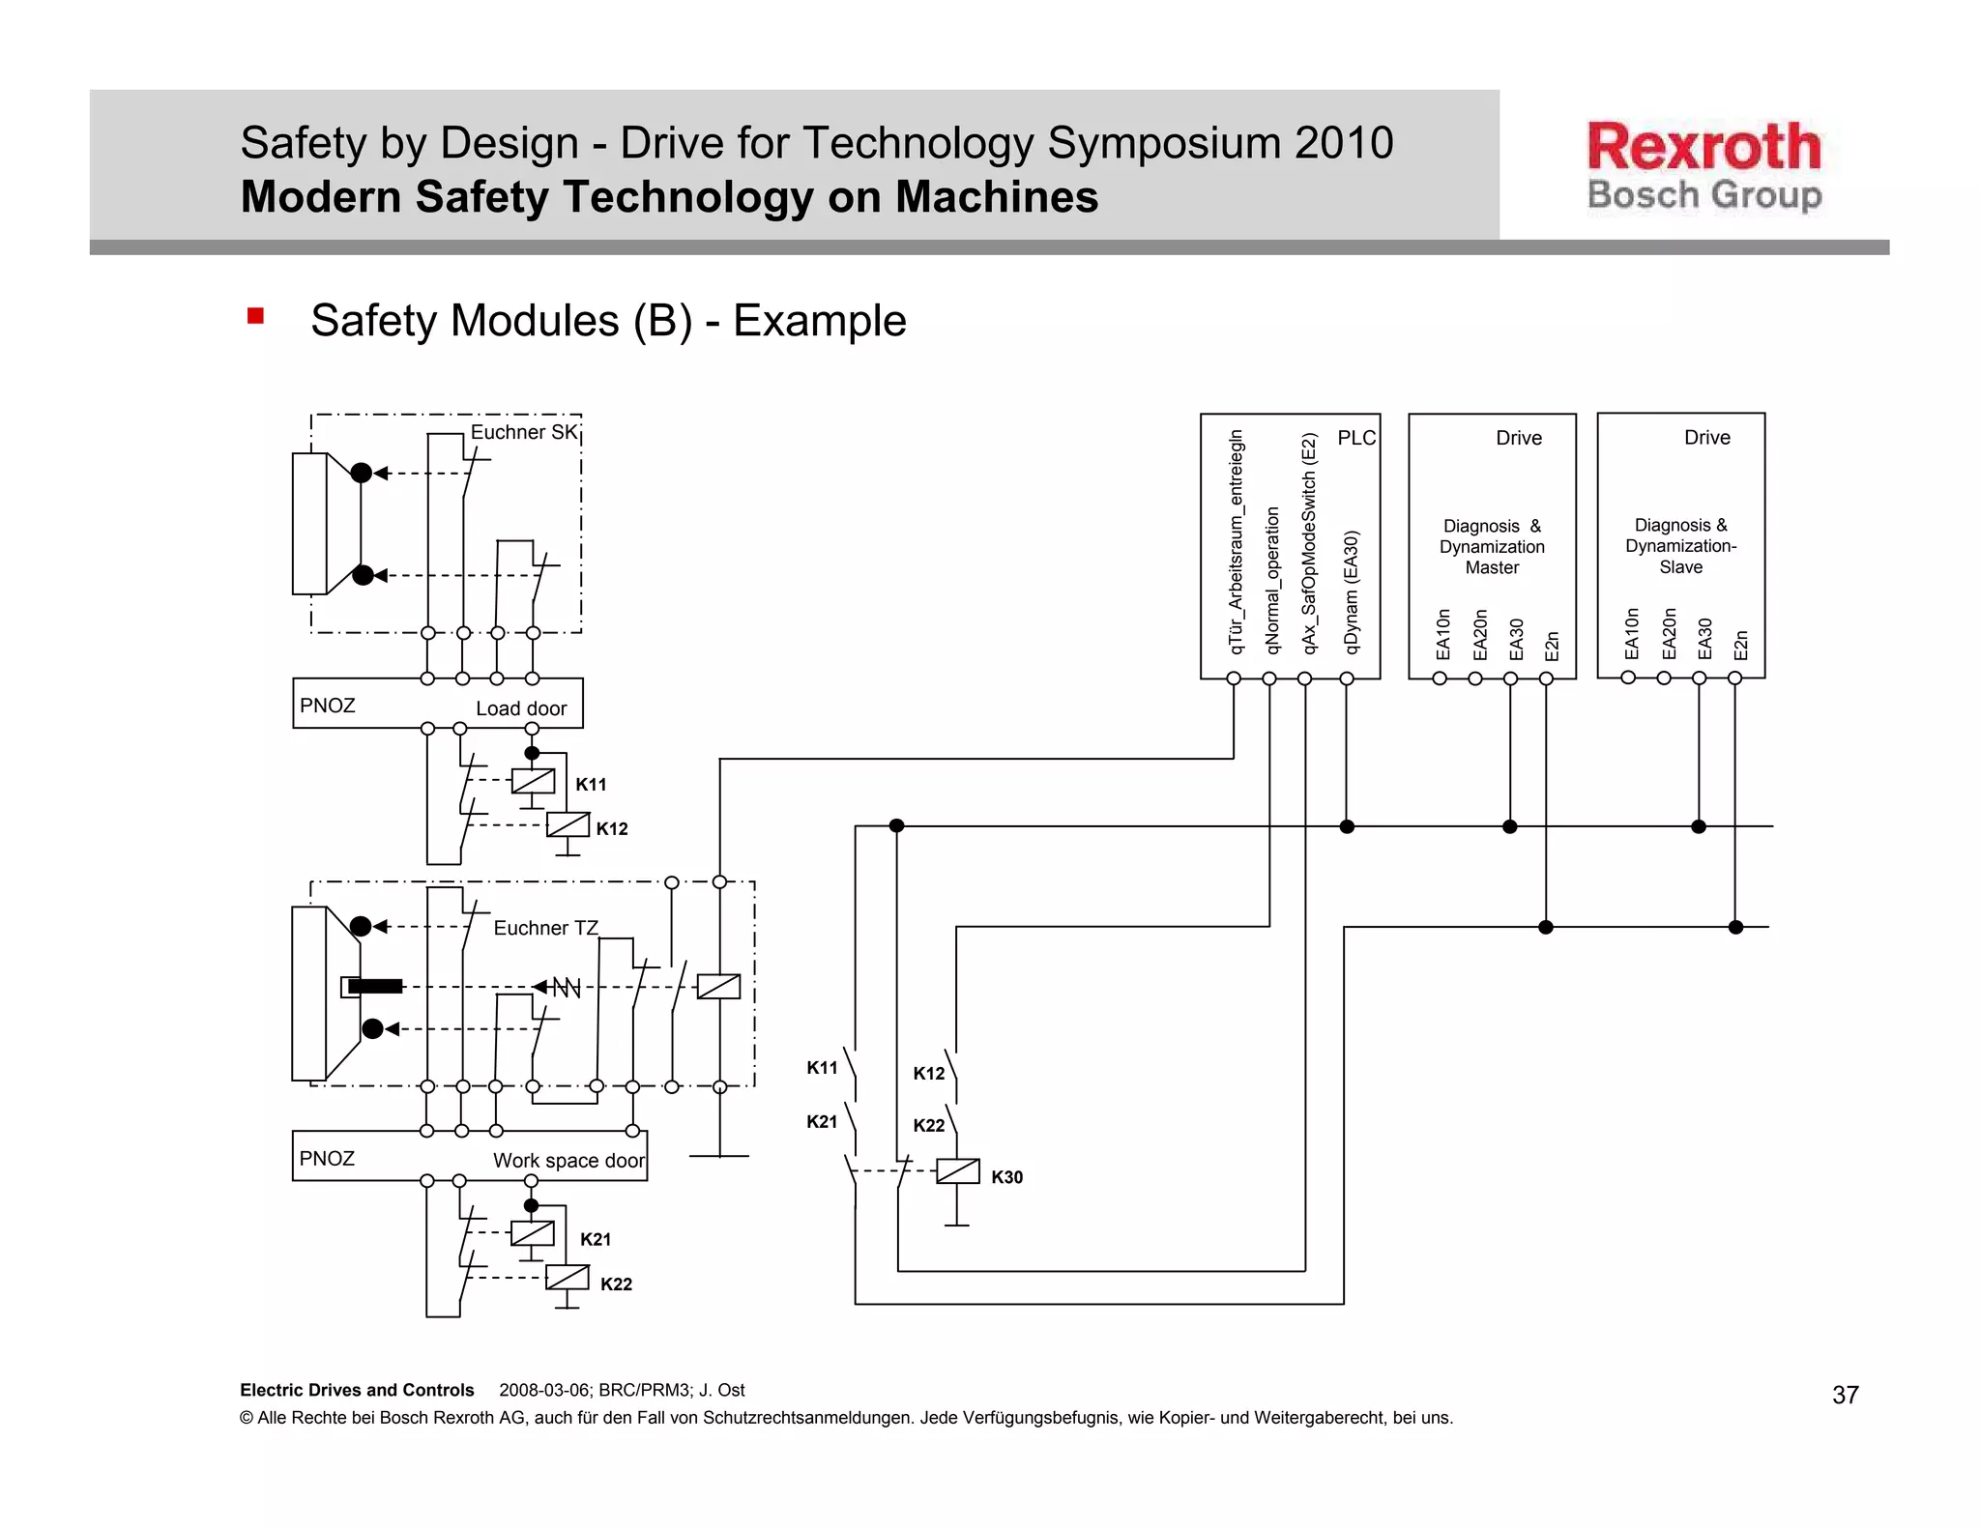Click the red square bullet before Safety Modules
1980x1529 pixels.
coord(255,316)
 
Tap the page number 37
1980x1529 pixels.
coord(1845,1395)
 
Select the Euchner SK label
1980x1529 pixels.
coord(523,432)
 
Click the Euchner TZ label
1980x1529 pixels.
coord(545,928)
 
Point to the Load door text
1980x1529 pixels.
coord(521,708)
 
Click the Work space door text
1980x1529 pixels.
coord(568,1160)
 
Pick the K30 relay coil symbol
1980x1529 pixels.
coord(958,1171)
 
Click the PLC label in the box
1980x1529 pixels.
coord(1355,438)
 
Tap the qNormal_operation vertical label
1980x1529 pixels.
coord(1272,580)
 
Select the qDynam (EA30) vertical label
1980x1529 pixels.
coord(1352,591)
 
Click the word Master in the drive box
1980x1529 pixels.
coord(1492,567)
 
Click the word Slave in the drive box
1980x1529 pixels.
coord(1680,567)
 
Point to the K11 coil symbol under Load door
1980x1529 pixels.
coord(533,781)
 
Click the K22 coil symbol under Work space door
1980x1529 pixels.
coord(568,1278)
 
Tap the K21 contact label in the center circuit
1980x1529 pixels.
coord(822,1121)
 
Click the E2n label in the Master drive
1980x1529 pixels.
coord(1551,645)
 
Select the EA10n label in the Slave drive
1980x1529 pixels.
coord(1632,633)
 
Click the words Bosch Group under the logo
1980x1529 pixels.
coord(1703,195)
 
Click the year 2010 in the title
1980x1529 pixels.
coord(1344,143)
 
